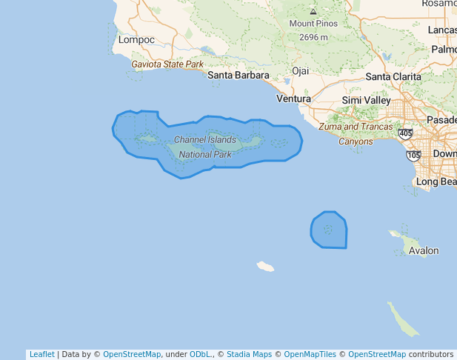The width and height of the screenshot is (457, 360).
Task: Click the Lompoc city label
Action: (x=136, y=39)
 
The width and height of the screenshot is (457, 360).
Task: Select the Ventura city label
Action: (x=293, y=99)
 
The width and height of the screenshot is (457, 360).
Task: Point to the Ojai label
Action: (x=300, y=71)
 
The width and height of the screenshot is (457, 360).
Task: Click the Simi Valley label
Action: (x=366, y=100)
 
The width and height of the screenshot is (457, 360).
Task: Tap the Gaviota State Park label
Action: (x=167, y=64)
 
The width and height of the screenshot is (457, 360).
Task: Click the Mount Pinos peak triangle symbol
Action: (x=313, y=12)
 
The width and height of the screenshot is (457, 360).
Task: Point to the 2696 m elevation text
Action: (x=313, y=37)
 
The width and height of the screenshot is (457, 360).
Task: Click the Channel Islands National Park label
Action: (x=205, y=147)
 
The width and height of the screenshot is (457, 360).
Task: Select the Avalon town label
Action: (x=424, y=251)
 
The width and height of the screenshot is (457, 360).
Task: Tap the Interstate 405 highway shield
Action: (x=405, y=134)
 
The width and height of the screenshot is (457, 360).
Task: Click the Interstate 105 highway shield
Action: (x=413, y=155)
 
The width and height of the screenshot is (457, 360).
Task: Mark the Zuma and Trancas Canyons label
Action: (x=356, y=134)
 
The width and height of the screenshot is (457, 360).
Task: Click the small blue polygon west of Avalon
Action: (x=329, y=230)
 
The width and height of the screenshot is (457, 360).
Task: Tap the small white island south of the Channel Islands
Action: (x=265, y=266)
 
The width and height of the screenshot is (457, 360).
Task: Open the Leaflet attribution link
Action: (x=41, y=355)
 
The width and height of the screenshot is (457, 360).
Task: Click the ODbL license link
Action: (x=199, y=355)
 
